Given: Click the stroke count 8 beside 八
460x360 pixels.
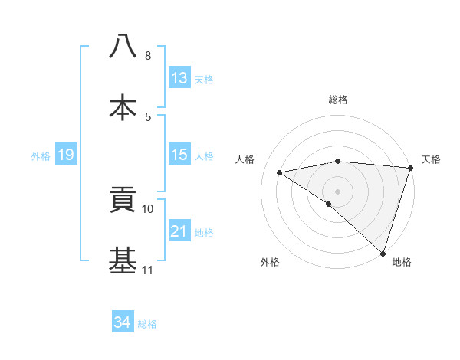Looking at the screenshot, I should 148,55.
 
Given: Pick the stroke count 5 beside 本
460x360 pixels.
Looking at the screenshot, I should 148,116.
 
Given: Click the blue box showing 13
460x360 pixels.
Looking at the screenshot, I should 179,78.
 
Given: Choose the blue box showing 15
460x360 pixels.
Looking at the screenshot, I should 179,155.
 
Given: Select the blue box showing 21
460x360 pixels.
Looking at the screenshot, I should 179,231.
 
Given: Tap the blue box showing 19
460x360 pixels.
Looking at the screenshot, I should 66,155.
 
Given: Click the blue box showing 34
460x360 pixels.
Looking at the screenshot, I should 123,323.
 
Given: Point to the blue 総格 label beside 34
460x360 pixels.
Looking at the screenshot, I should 147,324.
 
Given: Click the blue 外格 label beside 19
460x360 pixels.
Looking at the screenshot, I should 41,155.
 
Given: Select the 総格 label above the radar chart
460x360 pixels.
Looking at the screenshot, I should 337,100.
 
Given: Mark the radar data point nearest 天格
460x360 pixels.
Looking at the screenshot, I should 410,168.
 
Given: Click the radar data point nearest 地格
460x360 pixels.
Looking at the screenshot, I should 383,253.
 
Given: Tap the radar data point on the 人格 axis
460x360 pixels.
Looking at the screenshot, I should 280,172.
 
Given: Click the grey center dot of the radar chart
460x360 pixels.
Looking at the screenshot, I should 337,191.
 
